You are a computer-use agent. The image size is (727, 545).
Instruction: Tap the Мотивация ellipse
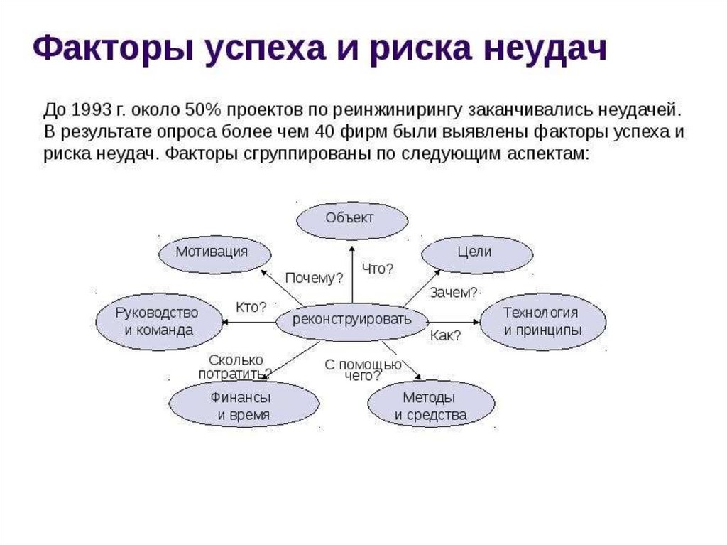212,252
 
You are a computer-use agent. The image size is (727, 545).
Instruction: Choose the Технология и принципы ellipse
542,321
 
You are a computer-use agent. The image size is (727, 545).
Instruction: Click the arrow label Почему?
314,278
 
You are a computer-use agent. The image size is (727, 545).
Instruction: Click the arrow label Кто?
251,307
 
